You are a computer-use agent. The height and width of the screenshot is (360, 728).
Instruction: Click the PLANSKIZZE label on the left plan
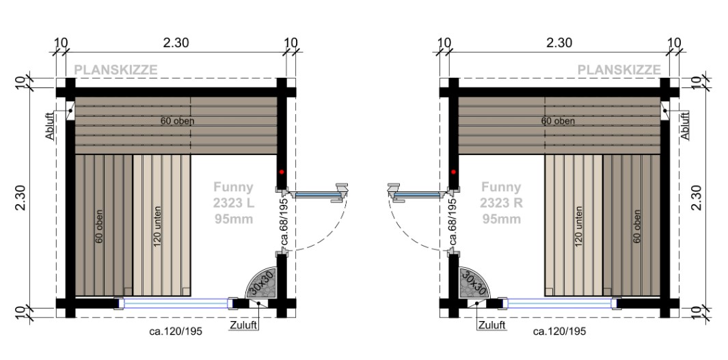[116, 70]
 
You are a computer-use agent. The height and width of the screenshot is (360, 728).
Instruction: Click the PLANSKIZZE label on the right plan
[619, 70]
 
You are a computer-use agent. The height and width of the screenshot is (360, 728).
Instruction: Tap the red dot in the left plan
[280, 172]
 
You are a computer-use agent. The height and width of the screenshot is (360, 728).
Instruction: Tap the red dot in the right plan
[453, 172]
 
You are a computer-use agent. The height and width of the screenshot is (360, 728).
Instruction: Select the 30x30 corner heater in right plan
[472, 283]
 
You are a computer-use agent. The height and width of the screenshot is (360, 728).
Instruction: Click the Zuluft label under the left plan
[243, 325]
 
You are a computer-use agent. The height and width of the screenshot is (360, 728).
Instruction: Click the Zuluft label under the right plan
[491, 325]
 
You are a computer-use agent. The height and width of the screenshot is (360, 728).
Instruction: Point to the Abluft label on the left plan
[49, 126]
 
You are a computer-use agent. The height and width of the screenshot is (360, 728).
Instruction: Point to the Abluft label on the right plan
[685, 126]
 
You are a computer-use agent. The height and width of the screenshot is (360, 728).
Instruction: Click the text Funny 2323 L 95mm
[232, 203]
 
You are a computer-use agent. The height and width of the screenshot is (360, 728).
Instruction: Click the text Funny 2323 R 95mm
[501, 203]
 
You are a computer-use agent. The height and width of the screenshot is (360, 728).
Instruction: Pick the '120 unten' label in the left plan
[158, 226]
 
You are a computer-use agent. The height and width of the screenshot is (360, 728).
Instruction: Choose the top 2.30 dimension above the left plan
[176, 42]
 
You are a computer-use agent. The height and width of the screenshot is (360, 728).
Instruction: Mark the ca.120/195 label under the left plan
[176, 331]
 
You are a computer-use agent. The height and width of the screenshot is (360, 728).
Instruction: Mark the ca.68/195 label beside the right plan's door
[452, 221]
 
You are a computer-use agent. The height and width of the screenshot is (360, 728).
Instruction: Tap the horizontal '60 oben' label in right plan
[558, 122]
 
